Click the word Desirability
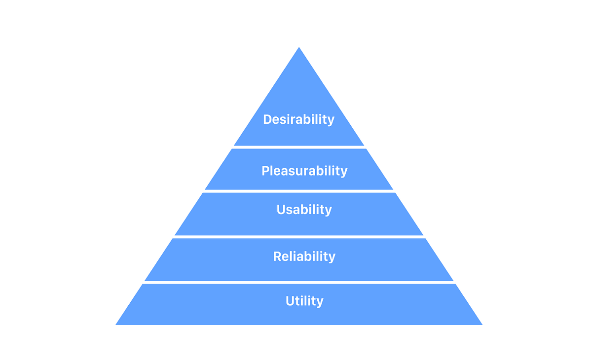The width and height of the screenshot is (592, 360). click(298, 119)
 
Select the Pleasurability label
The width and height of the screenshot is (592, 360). click(304, 171)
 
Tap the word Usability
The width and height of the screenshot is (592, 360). click(304, 210)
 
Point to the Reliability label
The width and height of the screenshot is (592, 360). click(304, 256)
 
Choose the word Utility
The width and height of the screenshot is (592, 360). click(304, 301)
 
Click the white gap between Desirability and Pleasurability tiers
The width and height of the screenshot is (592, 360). click(299, 147)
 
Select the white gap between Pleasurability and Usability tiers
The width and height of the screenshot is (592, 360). click(299, 191)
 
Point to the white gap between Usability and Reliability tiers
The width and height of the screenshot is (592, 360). click(299, 237)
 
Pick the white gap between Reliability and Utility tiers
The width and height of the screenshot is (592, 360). click(299, 283)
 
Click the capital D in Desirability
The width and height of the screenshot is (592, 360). click(267, 119)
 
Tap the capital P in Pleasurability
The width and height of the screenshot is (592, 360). click(265, 171)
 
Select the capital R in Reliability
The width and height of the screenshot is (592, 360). click(277, 256)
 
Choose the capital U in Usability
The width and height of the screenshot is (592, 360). click(281, 210)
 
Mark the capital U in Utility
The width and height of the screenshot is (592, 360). click(290, 301)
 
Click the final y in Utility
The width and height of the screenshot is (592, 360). click(320, 302)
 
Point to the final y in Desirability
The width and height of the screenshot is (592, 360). click(331, 121)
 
